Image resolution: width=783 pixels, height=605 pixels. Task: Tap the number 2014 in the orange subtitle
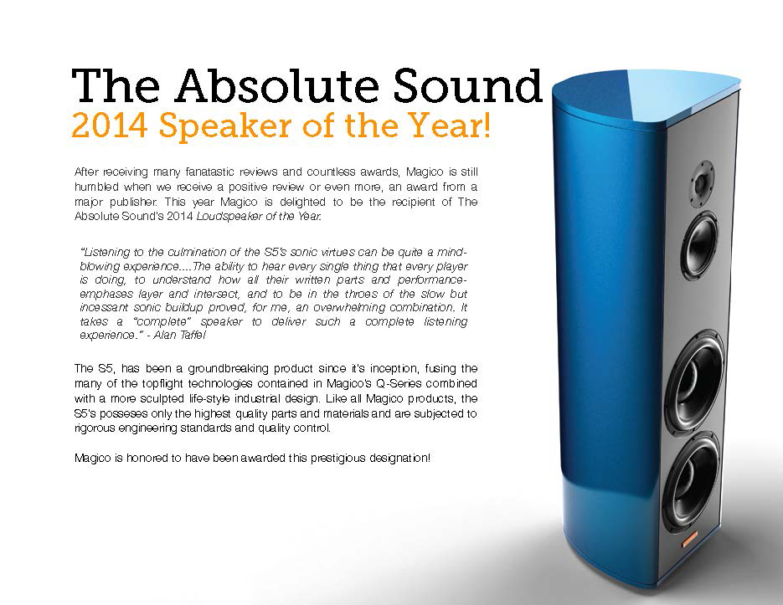pos(110,125)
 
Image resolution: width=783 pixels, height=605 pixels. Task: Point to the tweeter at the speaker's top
pos(702,184)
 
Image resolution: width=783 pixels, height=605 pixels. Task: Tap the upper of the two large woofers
pos(695,382)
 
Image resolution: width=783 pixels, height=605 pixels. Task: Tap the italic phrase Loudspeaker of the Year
pos(259,216)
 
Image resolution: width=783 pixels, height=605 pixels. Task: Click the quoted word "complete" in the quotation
pos(162,321)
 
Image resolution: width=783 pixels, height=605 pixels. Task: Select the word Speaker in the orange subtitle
pos(226,126)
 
